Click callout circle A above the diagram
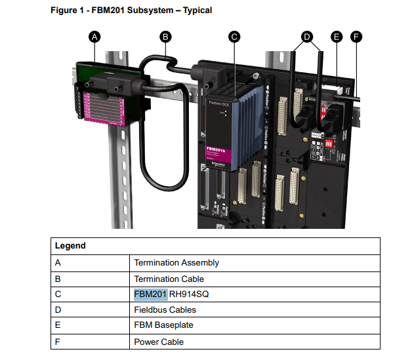[94, 37]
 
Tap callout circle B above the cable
[166, 37]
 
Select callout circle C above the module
[234, 37]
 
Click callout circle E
[337, 37]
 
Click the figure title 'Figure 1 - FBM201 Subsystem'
[131, 10]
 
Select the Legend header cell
[70, 246]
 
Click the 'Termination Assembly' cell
[176, 263]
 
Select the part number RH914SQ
[189, 294]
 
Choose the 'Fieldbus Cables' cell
[165, 310]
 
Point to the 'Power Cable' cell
[159, 342]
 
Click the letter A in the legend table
[58, 263]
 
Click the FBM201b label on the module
[217, 150]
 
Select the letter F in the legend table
[58, 342]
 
